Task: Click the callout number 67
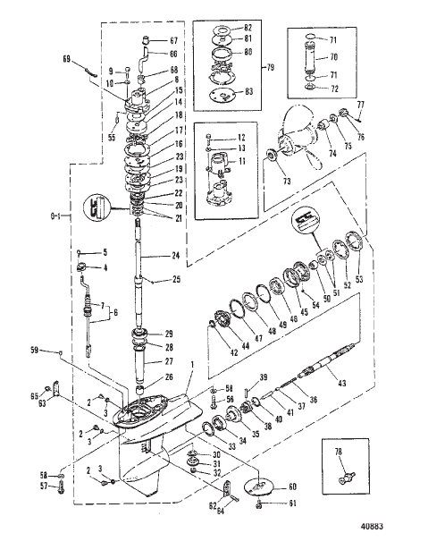[x=175, y=41]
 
